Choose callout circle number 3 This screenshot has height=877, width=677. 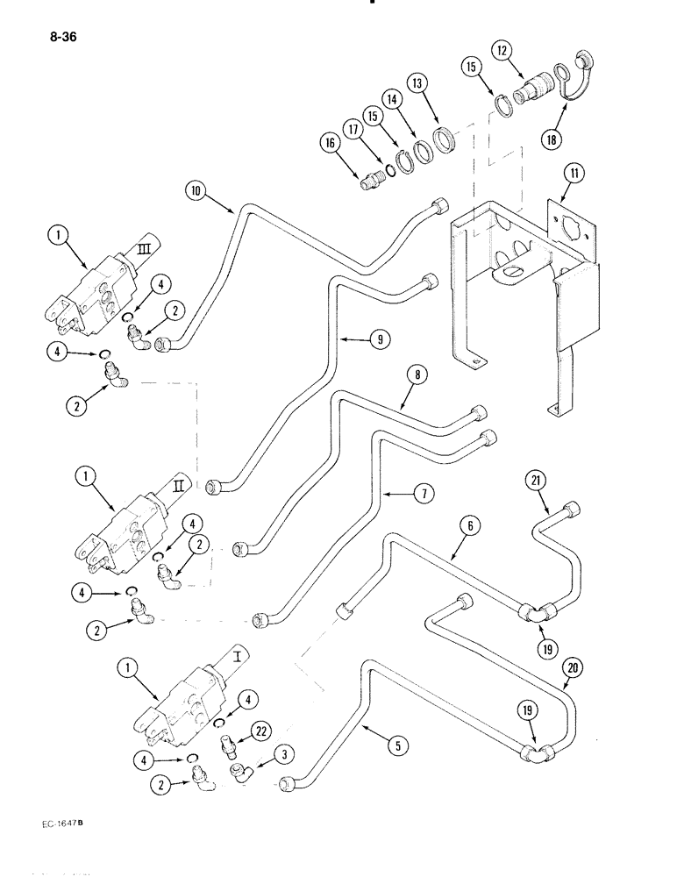(x=283, y=753)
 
